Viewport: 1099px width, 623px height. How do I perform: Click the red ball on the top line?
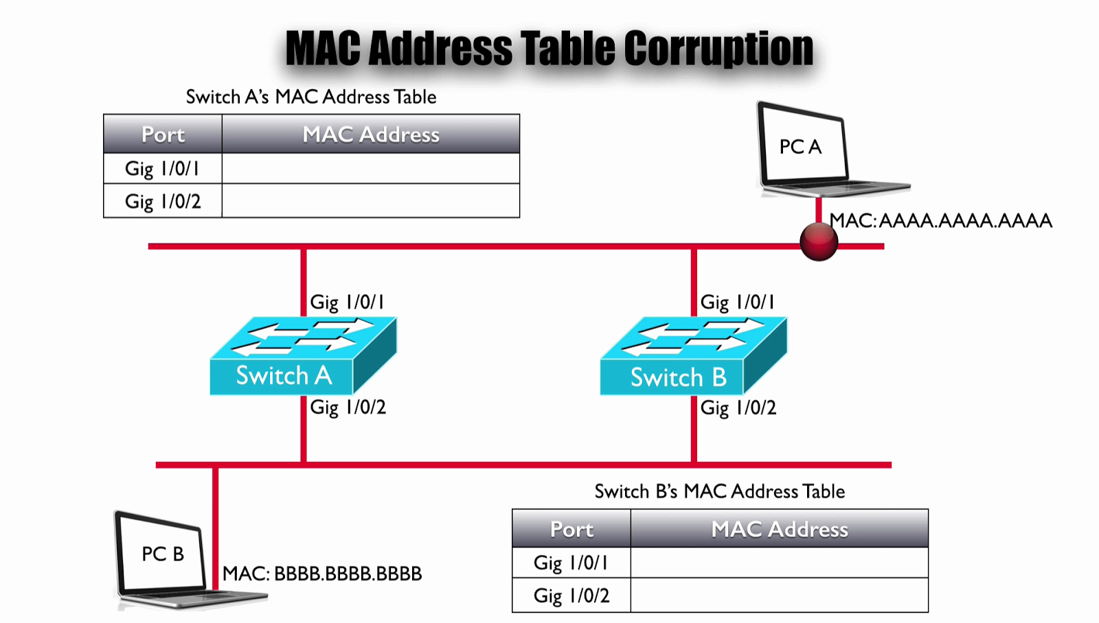coord(819,242)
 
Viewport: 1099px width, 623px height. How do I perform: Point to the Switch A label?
coord(284,376)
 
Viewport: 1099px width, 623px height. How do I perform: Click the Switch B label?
coord(678,377)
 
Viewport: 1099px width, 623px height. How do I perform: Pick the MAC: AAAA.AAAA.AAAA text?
coord(941,221)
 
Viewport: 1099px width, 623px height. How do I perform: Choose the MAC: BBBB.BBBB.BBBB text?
coord(322,574)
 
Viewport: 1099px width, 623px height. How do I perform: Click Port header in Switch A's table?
coord(163,134)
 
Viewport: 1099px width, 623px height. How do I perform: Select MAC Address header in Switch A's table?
coord(371,134)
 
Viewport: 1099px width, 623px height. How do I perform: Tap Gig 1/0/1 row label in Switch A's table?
coord(163,169)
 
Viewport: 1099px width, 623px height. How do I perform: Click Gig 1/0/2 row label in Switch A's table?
coord(163,202)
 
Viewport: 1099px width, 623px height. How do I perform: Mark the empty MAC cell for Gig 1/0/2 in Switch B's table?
coord(779,596)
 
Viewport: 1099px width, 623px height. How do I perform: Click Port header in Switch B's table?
coord(571,529)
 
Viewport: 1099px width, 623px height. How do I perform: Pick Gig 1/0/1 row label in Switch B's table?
coord(571,563)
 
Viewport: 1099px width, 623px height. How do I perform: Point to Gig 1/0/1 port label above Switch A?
coord(348,303)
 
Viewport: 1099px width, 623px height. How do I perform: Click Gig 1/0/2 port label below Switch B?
coord(738,408)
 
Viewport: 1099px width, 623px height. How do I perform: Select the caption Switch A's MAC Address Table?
coord(311,97)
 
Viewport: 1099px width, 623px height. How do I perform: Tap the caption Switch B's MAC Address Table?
coord(720,491)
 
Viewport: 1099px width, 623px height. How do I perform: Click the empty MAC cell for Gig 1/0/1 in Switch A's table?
coord(371,169)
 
